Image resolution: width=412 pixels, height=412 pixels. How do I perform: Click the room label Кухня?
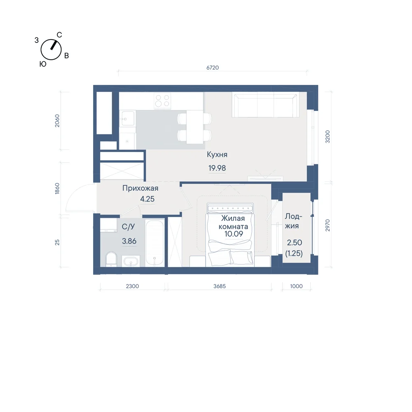217,154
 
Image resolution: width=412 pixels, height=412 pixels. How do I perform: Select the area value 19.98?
217,168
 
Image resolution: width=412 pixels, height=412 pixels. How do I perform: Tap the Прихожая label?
140,188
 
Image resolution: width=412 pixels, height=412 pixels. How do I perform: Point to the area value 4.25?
147,199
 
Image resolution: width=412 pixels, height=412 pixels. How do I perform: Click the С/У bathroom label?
128,227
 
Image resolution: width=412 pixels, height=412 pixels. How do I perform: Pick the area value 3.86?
129,241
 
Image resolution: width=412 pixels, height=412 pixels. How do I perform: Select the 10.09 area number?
234,234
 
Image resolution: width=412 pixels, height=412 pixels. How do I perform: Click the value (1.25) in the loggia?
294,253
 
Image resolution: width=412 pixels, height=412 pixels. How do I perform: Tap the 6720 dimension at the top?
213,68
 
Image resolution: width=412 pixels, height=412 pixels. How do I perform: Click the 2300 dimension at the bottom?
132,286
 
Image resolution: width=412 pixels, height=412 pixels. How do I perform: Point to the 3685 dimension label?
220,286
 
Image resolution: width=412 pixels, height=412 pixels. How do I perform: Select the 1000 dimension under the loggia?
296,286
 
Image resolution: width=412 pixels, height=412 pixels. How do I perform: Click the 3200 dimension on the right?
328,137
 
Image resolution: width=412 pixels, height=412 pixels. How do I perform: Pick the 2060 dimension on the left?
57,121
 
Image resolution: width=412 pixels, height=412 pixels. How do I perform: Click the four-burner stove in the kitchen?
162,101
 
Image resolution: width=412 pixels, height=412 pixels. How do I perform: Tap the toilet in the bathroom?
111,259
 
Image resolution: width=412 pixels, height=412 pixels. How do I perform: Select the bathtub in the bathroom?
154,243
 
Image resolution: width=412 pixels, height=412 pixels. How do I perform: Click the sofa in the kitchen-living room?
265,105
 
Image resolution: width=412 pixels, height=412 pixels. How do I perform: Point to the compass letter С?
59,35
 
